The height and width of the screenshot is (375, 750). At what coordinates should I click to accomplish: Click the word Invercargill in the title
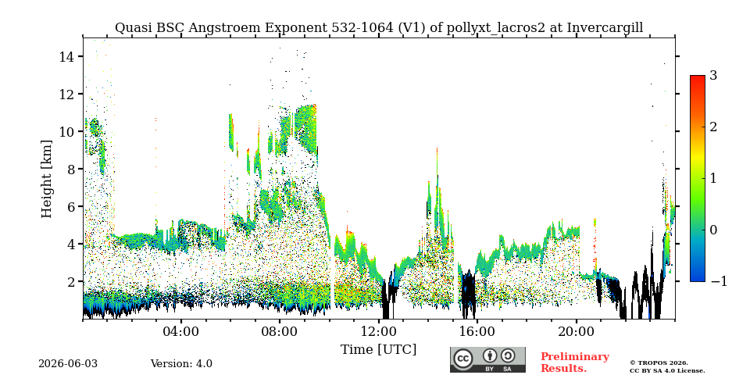pos(605,28)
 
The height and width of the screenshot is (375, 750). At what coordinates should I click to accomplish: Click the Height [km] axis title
pos(46,179)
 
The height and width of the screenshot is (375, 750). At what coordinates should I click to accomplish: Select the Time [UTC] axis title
pos(378,350)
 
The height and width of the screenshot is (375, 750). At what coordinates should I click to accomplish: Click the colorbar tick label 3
pos(713,76)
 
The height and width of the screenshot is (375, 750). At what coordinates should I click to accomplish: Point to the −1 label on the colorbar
pos(719,281)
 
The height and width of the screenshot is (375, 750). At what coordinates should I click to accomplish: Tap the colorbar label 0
pos(713,230)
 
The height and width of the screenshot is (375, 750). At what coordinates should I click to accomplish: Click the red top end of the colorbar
pos(698,77)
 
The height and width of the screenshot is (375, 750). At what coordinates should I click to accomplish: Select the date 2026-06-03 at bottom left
pos(68,364)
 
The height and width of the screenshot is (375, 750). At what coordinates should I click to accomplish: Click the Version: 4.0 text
pos(181,364)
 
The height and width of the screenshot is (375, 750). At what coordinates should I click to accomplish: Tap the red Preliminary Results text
pos(575,362)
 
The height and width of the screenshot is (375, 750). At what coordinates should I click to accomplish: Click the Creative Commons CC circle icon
pos(463,359)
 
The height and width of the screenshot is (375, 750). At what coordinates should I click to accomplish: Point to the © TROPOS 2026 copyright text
pos(659,363)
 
